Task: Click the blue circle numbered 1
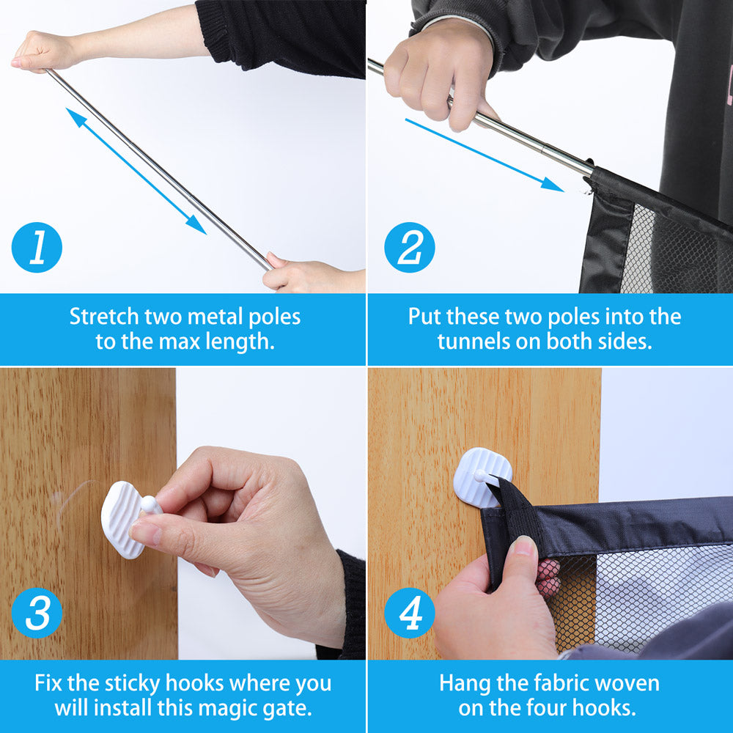[37, 248]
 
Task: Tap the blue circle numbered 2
[410, 248]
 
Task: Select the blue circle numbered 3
[37, 612]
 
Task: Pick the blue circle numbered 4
[410, 612]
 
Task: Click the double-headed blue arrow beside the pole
[136, 171]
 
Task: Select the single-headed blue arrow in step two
[484, 155]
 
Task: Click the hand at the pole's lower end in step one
[301, 274]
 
